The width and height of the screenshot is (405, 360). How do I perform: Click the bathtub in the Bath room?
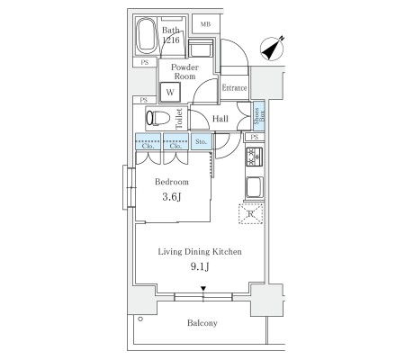click(146, 36)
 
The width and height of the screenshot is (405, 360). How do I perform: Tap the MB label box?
click(205, 24)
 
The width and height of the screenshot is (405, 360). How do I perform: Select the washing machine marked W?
click(170, 92)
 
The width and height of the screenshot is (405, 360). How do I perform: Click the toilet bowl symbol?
click(157, 118)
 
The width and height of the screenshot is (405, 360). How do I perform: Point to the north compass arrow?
click(273, 48)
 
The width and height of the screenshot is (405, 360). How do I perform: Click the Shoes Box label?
click(259, 116)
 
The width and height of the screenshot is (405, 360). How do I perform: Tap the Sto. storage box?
click(202, 141)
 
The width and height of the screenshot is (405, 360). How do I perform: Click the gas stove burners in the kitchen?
click(255, 157)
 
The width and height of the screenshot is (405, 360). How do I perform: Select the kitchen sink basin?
click(255, 187)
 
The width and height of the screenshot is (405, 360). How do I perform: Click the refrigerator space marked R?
click(251, 214)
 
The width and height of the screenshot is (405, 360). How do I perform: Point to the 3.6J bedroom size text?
click(172, 197)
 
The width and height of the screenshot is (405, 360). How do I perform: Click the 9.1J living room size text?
click(200, 266)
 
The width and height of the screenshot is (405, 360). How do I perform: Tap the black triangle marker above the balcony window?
click(203, 289)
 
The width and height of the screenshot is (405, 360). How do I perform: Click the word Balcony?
click(202, 323)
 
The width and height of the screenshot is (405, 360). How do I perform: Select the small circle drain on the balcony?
click(140, 319)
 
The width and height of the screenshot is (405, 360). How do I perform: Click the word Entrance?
click(234, 87)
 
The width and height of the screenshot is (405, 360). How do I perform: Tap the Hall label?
click(220, 119)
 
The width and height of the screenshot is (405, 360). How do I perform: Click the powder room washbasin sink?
click(199, 48)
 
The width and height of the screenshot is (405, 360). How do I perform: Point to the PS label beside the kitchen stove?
click(255, 137)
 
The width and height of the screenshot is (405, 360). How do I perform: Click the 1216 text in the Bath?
click(171, 40)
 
